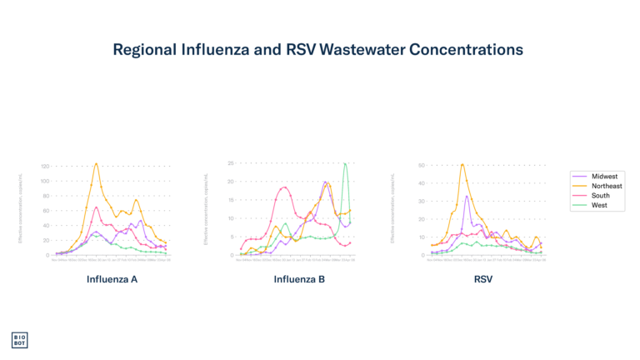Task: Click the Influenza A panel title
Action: point(112,279)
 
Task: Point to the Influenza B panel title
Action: point(299,279)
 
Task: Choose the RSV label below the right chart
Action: point(483,279)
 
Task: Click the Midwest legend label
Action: point(605,177)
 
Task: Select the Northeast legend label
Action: point(607,186)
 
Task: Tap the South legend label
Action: point(601,196)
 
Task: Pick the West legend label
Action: point(599,205)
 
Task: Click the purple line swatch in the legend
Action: point(581,177)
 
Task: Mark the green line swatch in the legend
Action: point(581,205)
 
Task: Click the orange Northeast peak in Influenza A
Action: point(97,164)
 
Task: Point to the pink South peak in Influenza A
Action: point(97,207)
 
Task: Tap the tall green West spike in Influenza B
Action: point(345,163)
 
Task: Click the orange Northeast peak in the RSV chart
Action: point(462,164)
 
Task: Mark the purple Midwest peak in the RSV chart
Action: point(467,197)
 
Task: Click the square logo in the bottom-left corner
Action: point(19,340)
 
